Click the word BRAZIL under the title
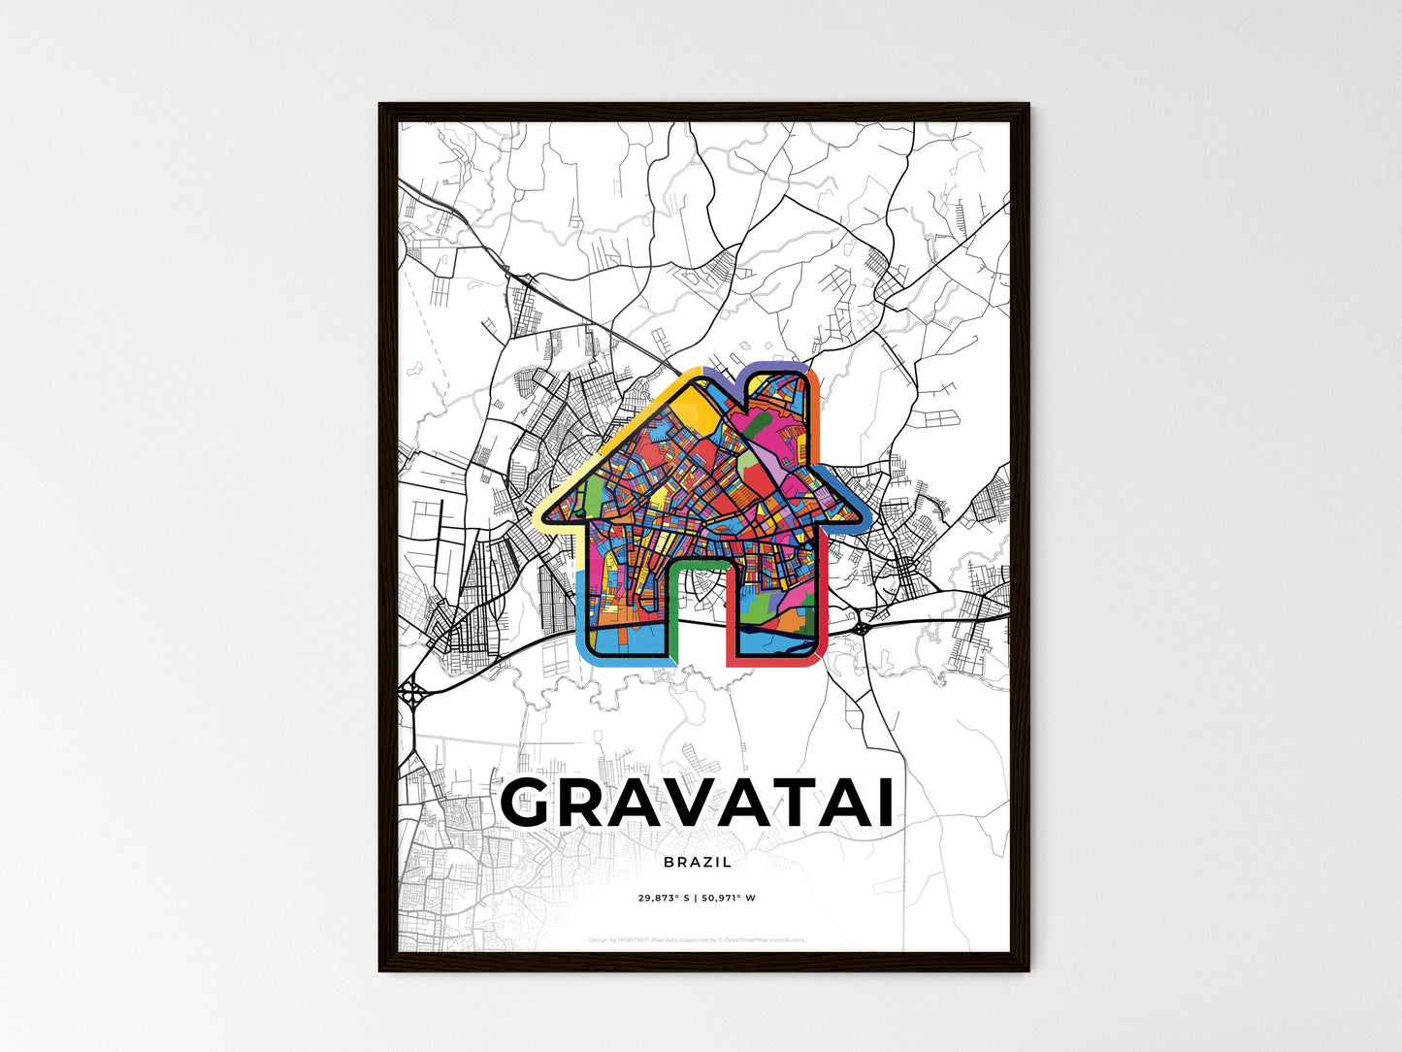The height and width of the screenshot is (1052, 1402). (x=699, y=862)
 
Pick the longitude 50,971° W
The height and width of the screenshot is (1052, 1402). (x=729, y=898)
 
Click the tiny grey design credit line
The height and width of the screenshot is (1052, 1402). (x=697, y=939)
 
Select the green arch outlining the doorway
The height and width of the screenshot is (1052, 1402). (x=700, y=561)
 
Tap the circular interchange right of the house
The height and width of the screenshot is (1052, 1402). (x=860, y=628)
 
